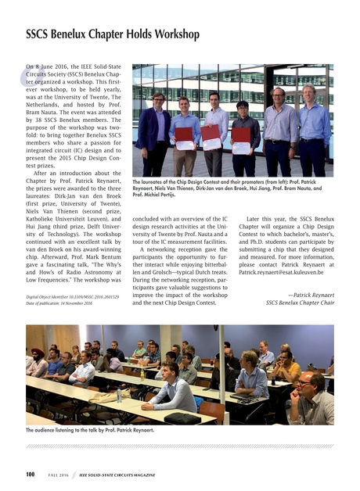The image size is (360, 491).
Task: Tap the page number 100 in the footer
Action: (31, 474)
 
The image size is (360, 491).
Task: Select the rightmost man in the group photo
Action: (315, 129)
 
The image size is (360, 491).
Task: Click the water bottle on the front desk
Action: (119, 396)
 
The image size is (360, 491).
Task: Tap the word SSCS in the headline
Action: (41, 34)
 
